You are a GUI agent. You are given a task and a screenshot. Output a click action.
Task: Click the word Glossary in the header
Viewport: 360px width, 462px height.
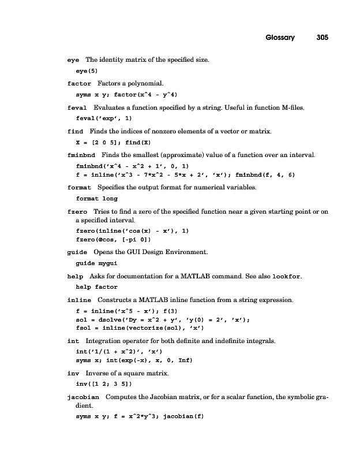(x=280, y=38)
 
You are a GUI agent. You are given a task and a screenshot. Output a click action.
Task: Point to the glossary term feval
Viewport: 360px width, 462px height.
(x=77, y=107)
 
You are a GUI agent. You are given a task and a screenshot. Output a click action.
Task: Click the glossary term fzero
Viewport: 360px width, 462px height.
(x=77, y=212)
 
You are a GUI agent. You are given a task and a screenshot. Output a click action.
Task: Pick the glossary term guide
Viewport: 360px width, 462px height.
(x=77, y=252)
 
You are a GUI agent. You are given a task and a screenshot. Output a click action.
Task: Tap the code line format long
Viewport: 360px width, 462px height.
(x=96, y=198)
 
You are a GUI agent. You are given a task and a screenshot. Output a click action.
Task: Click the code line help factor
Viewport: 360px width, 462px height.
(x=96, y=286)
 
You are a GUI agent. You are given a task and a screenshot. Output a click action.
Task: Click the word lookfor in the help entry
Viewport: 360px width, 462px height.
(x=286, y=277)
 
